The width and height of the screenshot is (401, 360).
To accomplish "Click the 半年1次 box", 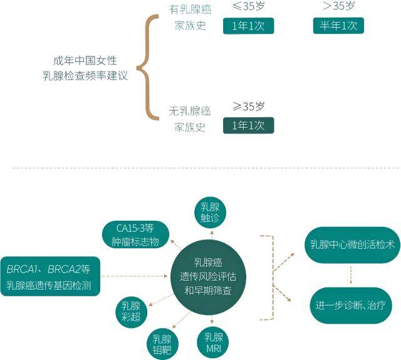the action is tap(338, 26).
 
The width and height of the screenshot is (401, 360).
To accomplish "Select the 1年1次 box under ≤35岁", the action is tap(248, 26).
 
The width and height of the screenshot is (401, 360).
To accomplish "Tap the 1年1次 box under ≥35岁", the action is tap(248, 125).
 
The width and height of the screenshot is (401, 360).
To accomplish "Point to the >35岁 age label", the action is tap(338, 6).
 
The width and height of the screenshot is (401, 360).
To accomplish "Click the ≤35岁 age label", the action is tap(248, 6).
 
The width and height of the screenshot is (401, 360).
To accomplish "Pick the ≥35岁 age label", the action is tap(248, 106).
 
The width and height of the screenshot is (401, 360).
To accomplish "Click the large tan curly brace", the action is tap(148, 68).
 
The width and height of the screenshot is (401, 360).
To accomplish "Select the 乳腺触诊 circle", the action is tap(211, 213).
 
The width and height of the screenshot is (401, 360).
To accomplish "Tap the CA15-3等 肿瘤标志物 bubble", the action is tap(135, 235).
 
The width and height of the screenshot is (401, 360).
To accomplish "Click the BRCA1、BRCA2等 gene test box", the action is tap(50, 277).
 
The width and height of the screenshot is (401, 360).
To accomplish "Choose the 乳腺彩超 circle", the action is tap(131, 312).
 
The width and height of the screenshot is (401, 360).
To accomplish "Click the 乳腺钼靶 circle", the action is tap(162, 344).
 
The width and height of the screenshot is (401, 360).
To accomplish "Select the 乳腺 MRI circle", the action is tap(213, 342).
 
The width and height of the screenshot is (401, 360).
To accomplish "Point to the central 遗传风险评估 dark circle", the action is tap(208, 277).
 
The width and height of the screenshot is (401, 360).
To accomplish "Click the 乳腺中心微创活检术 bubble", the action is tap(352, 245).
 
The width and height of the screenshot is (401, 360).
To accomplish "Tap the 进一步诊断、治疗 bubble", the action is tap(351, 305).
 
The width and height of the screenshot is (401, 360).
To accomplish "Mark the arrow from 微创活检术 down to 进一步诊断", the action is tap(351, 275).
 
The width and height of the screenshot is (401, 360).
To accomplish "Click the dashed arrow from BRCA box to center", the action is tap(135, 277).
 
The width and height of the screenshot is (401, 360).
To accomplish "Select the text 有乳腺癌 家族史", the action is tap(190, 18).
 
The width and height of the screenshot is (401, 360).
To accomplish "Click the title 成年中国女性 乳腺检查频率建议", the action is tap(85, 68).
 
